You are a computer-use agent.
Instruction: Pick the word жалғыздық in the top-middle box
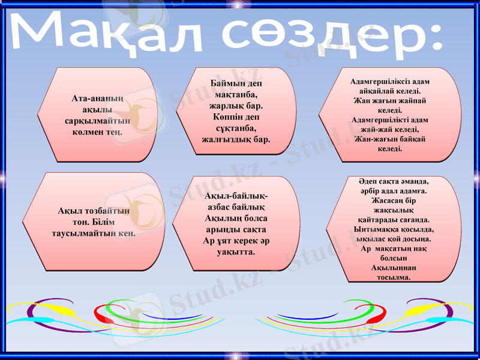229,139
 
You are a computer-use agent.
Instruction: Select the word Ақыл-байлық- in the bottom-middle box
236,196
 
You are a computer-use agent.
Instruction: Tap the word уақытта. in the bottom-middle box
236,252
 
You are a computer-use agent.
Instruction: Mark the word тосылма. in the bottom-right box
393,277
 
